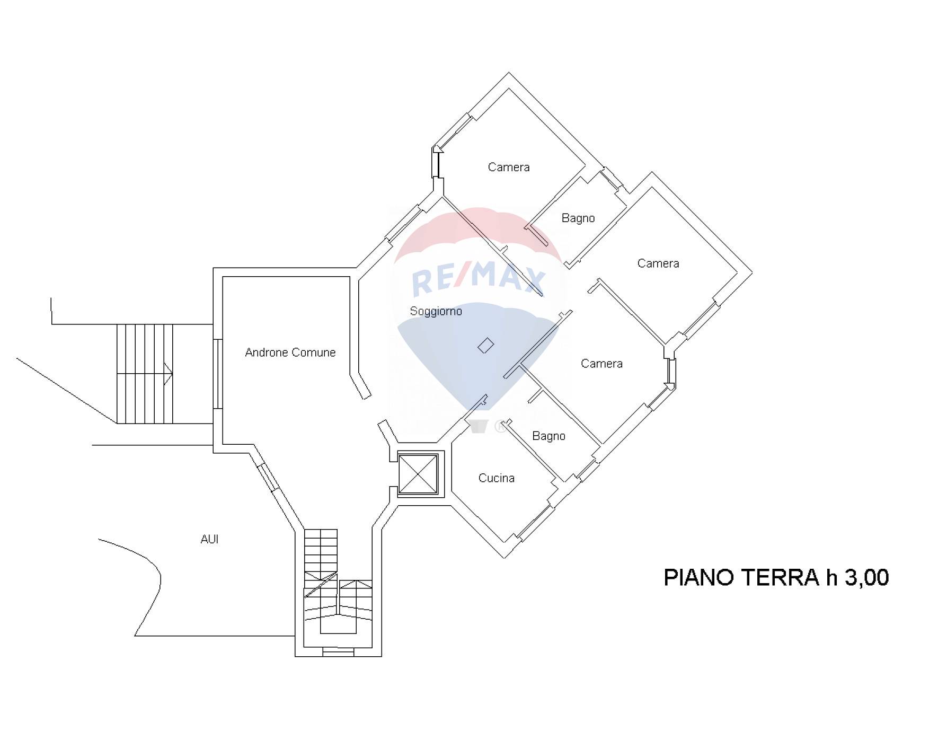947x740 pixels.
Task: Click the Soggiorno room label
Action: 436,311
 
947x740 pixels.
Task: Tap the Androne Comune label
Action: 290,353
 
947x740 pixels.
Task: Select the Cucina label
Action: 496,478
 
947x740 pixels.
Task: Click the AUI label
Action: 209,539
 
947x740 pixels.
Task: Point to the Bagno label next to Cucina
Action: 548,436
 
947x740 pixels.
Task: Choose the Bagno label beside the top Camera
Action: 578,218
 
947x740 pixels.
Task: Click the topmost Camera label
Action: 509,168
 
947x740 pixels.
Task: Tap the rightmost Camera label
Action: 658,263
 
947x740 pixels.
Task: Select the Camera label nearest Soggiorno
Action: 601,364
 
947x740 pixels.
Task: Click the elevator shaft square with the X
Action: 418,474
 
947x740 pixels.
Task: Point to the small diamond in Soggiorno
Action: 486,346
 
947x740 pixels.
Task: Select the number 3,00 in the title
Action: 866,578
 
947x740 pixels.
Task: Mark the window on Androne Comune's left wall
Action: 218,374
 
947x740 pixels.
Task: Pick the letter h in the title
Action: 832,577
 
